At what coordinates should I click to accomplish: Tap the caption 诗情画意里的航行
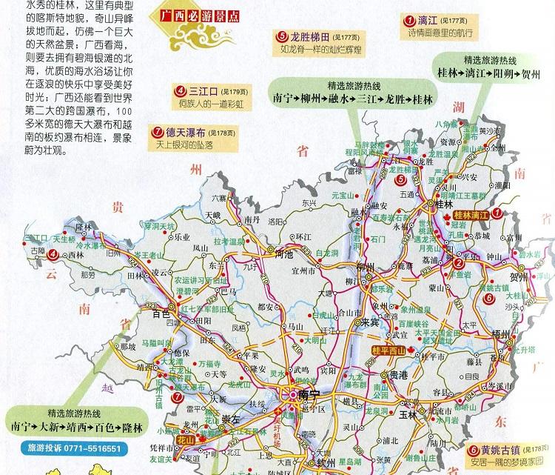point(434,33)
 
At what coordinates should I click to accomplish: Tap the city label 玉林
point(408,414)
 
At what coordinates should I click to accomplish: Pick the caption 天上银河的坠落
point(190,145)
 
